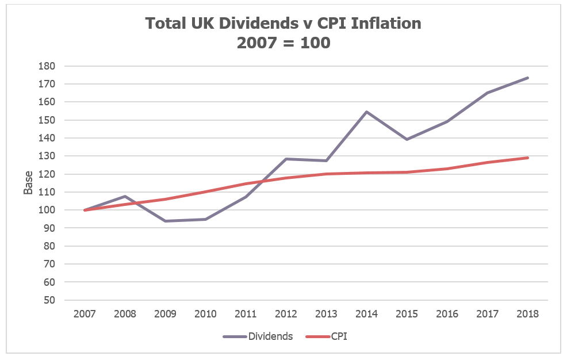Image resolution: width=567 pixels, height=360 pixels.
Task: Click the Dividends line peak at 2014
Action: [366, 112]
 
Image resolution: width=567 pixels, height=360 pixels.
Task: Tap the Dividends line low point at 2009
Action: [166, 221]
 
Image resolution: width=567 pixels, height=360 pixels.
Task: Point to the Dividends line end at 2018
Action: [527, 78]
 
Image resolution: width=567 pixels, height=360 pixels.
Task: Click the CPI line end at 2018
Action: [527, 158]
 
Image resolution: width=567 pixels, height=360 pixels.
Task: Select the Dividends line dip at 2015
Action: [407, 139]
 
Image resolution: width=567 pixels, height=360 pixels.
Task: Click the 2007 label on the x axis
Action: [85, 314]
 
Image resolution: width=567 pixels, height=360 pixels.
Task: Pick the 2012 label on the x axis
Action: [286, 314]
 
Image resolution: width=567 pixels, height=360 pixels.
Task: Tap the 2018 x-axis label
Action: [527, 314]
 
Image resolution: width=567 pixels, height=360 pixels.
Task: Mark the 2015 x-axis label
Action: [407, 314]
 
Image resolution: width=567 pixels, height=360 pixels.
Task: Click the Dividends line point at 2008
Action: [125, 196]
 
